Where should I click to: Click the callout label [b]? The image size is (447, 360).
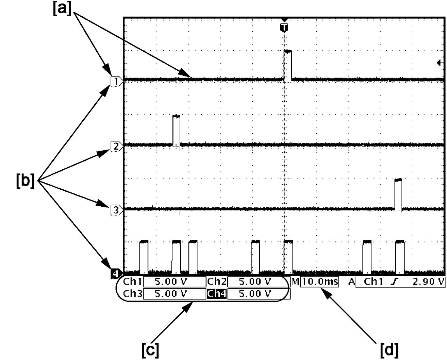[25, 181]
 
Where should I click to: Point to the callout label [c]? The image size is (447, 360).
[150, 349]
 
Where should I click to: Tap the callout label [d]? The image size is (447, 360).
[390, 349]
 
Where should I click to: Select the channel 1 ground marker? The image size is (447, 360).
[117, 81]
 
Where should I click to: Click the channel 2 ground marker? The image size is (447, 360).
[117, 147]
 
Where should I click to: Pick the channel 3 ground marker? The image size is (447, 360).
[117, 210]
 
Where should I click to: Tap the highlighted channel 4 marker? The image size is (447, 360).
[116, 274]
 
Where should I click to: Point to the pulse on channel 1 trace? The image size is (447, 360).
[288, 65]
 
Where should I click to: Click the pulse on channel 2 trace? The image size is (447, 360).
[177, 130]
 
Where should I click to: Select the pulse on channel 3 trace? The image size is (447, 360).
[398, 194]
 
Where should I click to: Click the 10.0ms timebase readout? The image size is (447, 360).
[320, 282]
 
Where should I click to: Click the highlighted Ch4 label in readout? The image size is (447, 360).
[217, 294]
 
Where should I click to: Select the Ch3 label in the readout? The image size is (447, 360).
[133, 294]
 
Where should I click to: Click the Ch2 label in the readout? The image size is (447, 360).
[217, 282]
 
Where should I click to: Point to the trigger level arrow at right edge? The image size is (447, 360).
[440, 63]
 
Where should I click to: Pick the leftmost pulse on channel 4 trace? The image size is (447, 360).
[144, 257]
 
